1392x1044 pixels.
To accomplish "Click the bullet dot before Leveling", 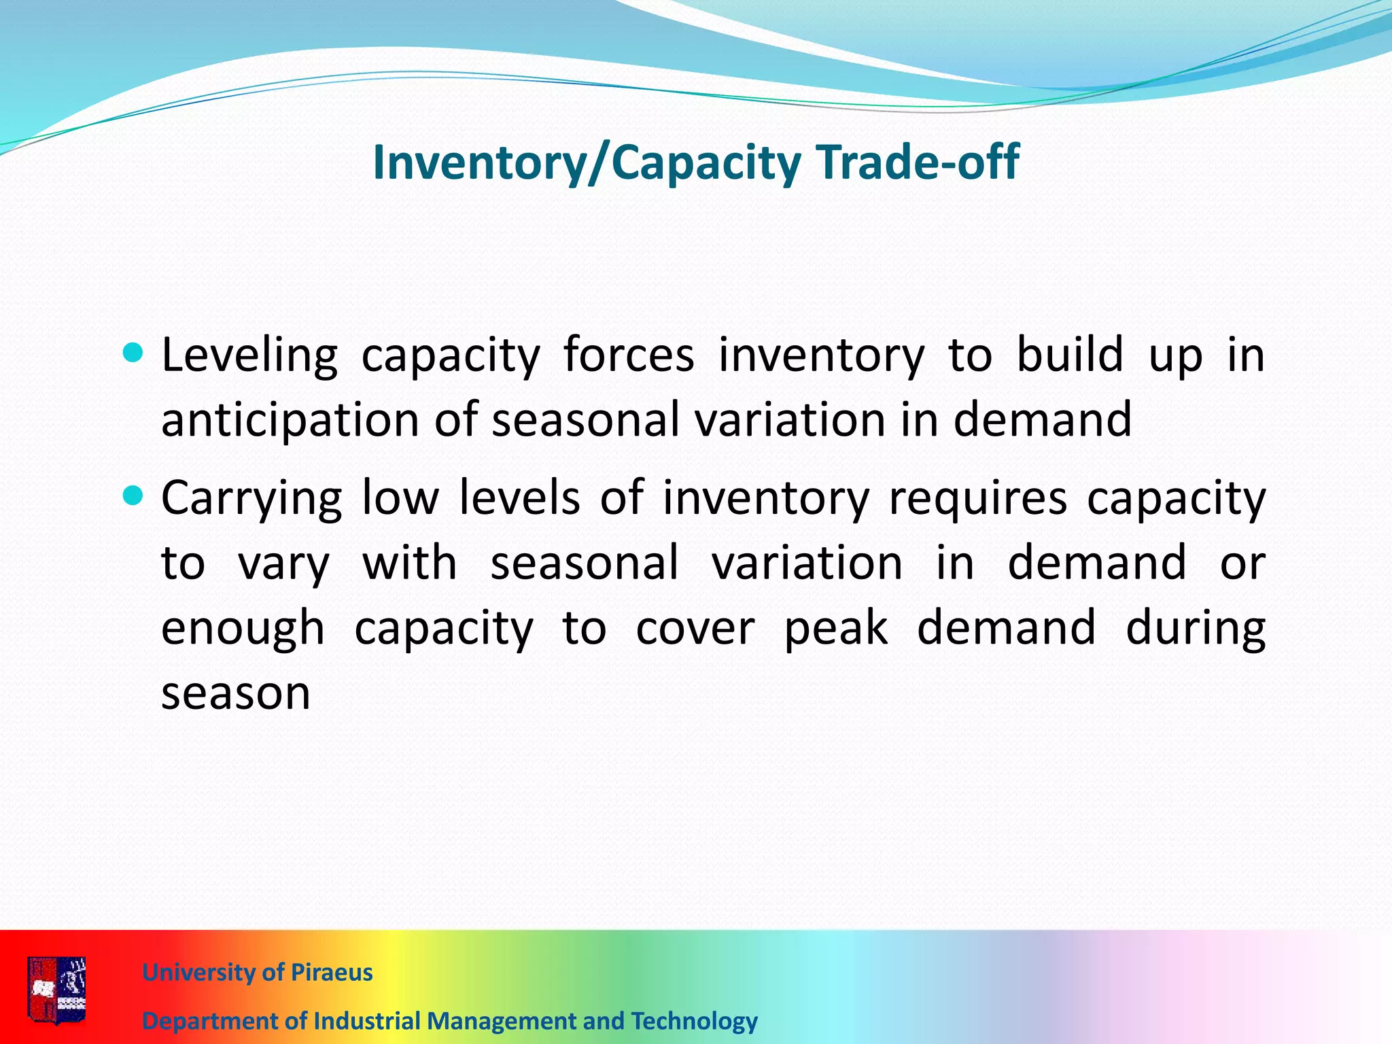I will [x=134, y=353].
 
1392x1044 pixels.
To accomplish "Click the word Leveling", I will [x=249, y=356].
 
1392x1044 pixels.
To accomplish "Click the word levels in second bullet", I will [x=519, y=498].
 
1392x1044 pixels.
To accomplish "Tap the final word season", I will [x=235, y=693].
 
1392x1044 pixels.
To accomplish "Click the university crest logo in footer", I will [x=57, y=989].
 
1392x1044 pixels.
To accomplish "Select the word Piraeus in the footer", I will [x=331, y=973].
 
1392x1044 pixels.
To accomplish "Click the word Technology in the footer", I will [x=694, y=1021].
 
